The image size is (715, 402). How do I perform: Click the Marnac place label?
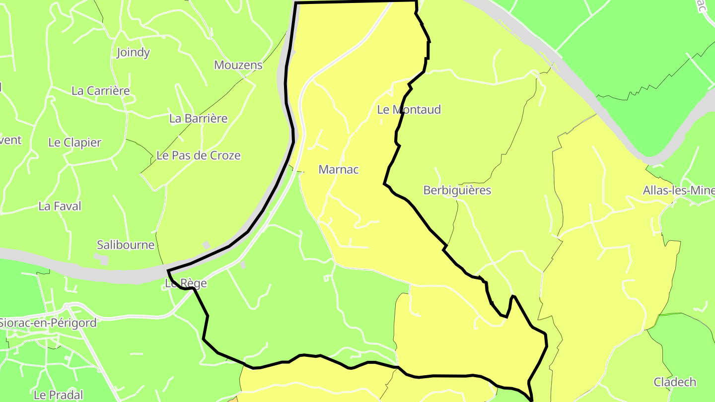pyautogui.click(x=339, y=169)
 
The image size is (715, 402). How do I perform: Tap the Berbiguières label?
pyautogui.click(x=457, y=190)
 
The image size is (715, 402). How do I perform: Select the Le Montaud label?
pyautogui.click(x=409, y=110)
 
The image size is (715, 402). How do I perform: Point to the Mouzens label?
pyautogui.click(x=238, y=65)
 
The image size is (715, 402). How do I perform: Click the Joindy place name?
pyautogui.click(x=133, y=53)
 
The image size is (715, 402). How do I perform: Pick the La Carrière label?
pyautogui.click(x=101, y=91)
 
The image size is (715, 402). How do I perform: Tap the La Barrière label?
pyautogui.click(x=199, y=119)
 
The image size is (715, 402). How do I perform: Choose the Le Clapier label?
pyautogui.click(x=74, y=142)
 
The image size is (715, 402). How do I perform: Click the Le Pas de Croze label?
pyautogui.click(x=199, y=155)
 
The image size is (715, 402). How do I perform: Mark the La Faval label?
pyautogui.click(x=60, y=206)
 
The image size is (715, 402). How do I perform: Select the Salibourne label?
pyautogui.click(x=126, y=245)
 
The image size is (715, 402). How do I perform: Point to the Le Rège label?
pyautogui.click(x=186, y=284)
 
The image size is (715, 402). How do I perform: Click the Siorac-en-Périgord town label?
pyautogui.click(x=48, y=323)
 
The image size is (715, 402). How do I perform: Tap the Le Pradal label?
pyautogui.click(x=58, y=395)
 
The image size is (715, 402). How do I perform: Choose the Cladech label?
pyautogui.click(x=675, y=382)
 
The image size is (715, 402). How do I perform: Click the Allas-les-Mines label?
pyautogui.click(x=678, y=190)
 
